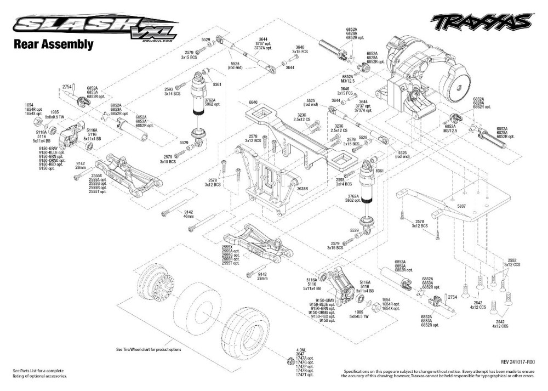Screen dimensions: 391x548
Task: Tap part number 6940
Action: pyautogui.click(x=253, y=103)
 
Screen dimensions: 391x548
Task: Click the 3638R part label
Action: pyautogui.click(x=303, y=188)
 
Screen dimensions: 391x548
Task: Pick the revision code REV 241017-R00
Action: pyautogui.click(x=517, y=361)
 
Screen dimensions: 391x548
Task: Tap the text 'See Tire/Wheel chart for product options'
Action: pyautogui.click(x=148, y=349)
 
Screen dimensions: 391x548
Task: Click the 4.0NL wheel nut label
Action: pyautogui.click(x=300, y=350)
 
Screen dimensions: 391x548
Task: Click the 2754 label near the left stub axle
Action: pyautogui.click(x=67, y=87)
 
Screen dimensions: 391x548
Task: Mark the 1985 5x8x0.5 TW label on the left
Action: pyautogui.click(x=55, y=114)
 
